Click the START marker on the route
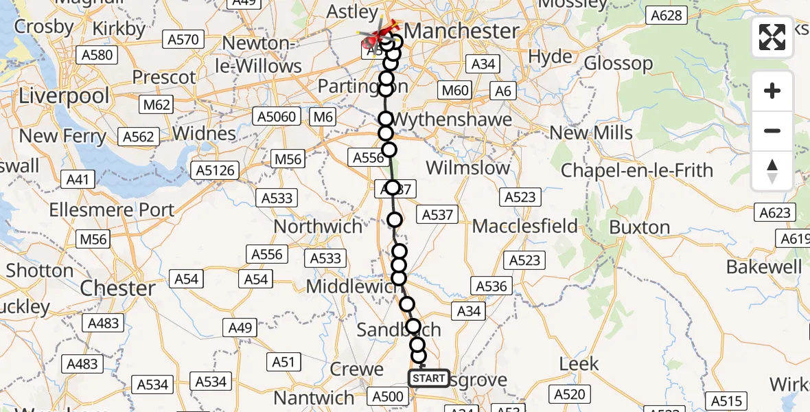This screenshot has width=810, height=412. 429,378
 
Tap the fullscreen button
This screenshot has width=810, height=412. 772,37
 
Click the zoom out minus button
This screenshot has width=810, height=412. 772,130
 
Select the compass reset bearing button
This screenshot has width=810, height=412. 772,170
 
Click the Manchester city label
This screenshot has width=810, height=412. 461,31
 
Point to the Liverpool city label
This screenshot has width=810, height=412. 64,95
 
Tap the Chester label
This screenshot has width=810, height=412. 118,288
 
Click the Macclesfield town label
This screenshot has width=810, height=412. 524,226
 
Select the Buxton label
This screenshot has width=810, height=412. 639,227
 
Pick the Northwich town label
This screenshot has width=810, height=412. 318,226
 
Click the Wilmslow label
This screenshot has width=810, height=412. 468,168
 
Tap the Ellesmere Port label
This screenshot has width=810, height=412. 113,209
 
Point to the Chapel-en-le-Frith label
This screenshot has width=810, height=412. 637,170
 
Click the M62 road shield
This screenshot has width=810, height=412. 157,105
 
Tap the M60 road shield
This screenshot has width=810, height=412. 454,90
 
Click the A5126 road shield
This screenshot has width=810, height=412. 215,170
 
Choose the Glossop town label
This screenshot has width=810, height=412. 618,64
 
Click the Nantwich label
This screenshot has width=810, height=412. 313,398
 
